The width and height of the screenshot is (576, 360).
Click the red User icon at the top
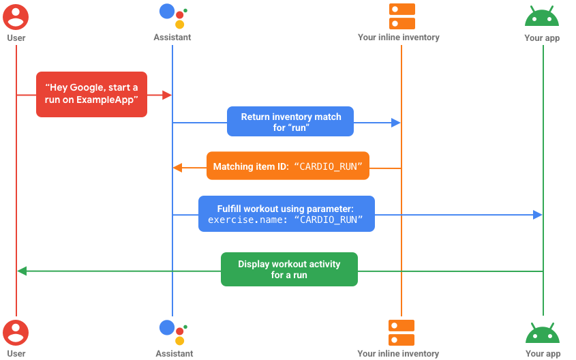16,16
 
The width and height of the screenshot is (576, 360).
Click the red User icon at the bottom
16,332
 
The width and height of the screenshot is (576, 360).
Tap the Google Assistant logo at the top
172,16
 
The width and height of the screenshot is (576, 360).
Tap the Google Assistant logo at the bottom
172,332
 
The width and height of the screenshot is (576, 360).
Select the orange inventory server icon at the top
401,16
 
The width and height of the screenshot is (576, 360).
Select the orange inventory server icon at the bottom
401,332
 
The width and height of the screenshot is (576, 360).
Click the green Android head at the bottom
543,333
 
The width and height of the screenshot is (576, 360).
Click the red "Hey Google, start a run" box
91,94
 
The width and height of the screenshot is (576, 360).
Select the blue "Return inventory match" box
291,123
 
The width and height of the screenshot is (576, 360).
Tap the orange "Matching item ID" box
288,166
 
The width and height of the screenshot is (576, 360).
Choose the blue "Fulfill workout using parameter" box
286,214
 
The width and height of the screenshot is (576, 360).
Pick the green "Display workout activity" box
289,269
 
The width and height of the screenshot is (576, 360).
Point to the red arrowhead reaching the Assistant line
167,95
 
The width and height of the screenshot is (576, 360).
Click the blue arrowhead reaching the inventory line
396,123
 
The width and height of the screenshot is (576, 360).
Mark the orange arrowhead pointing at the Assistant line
177,167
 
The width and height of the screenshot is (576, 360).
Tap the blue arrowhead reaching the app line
538,215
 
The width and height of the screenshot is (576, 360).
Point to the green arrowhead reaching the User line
22,271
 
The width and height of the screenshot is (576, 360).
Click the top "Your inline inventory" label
398,37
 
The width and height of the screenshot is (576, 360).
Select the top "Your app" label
542,38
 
